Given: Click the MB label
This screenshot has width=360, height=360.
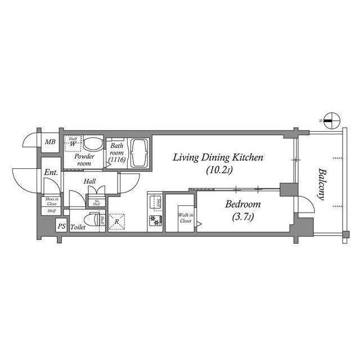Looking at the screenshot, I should [x=50, y=142].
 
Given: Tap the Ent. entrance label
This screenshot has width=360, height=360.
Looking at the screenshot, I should [x=51, y=173].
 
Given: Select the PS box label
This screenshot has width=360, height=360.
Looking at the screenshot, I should [x=61, y=227].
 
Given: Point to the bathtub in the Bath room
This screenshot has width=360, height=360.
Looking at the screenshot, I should [x=138, y=154].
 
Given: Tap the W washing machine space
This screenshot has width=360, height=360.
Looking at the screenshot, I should [x=73, y=144].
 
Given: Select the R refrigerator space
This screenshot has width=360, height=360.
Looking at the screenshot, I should [x=116, y=221].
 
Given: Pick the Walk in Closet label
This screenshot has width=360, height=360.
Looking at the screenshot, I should [x=185, y=218].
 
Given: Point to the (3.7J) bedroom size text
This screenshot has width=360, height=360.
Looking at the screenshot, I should [x=242, y=217].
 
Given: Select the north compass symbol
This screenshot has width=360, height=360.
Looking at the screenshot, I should [x=332, y=120].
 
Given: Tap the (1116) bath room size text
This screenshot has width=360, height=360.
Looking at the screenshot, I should [x=116, y=160].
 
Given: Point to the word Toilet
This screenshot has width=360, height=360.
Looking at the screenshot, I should [x=78, y=227].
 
